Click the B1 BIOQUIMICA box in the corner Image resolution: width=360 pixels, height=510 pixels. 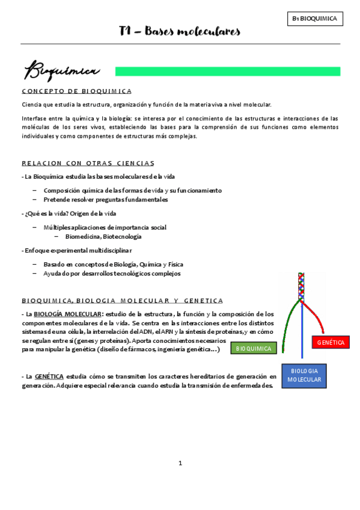point(315,19)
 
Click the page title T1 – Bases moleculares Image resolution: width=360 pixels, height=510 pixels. point(180,31)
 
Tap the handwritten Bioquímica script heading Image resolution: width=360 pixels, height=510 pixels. point(61,71)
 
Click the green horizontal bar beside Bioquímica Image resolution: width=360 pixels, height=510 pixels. point(227,72)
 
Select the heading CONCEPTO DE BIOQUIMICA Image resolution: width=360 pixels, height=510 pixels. point(77,91)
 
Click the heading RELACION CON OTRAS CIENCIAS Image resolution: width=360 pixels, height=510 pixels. point(88,163)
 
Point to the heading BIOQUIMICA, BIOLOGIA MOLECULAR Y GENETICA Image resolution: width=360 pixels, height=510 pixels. point(122,300)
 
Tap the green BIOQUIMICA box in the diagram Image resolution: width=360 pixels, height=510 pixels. point(254,348)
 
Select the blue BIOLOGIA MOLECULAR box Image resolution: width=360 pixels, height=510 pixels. point(304,375)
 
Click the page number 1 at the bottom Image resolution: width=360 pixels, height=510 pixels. point(180,463)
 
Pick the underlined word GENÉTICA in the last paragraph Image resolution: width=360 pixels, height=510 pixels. point(49,376)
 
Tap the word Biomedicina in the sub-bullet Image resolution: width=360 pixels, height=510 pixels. point(82,236)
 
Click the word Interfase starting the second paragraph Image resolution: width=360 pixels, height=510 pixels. point(33,118)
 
